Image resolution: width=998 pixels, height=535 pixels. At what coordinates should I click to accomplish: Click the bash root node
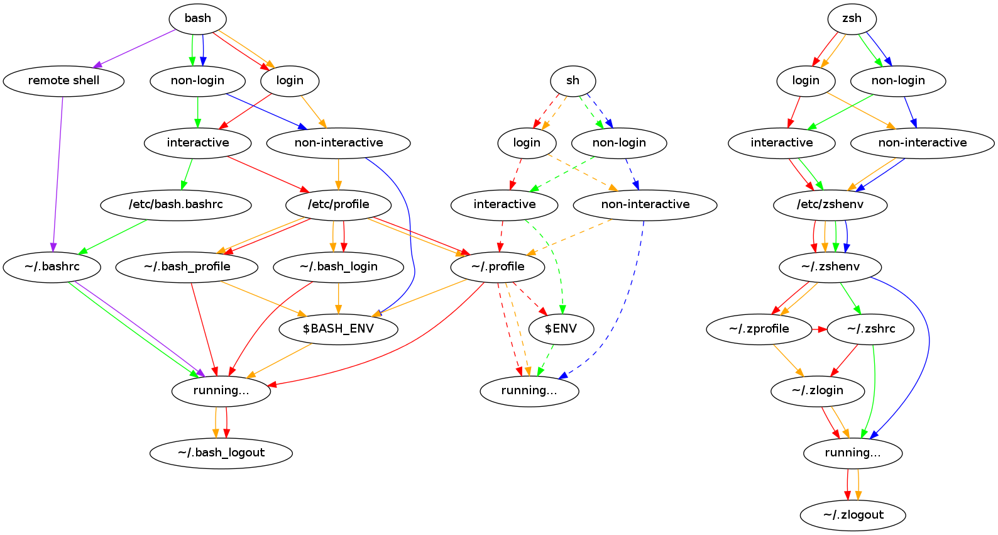pyautogui.click(x=197, y=18)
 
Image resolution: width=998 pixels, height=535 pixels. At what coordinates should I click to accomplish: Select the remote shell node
pyautogui.click(x=63, y=80)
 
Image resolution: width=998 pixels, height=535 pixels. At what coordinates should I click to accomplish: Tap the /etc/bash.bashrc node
pyautogui.click(x=176, y=204)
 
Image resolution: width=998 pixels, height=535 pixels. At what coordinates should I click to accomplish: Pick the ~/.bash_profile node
pyautogui.click(x=187, y=267)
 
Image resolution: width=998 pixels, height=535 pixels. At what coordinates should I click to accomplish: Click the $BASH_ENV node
pyautogui.click(x=338, y=329)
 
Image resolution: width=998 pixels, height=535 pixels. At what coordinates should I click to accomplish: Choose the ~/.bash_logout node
pyautogui.click(x=221, y=453)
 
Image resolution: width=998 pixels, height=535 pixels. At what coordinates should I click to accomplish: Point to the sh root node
pyautogui.click(x=573, y=80)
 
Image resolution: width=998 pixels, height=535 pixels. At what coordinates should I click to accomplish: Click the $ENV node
pyautogui.click(x=561, y=329)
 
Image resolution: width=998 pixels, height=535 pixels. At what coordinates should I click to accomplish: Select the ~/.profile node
pyautogui.click(x=498, y=267)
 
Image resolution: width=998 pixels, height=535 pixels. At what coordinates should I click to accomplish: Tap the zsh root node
pyautogui.click(x=852, y=18)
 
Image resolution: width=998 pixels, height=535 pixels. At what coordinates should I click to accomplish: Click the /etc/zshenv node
pyautogui.click(x=830, y=204)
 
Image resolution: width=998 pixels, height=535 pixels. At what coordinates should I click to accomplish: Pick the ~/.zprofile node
pyautogui.click(x=759, y=329)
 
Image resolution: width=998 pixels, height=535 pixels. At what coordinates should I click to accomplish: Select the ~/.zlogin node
pyautogui.click(x=818, y=390)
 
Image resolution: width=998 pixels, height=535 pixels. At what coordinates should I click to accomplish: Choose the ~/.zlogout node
pyautogui.click(x=853, y=515)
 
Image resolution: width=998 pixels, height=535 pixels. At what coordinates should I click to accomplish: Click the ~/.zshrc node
pyautogui.click(x=871, y=329)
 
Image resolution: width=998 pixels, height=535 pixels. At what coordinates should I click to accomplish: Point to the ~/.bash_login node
pyautogui.click(x=339, y=267)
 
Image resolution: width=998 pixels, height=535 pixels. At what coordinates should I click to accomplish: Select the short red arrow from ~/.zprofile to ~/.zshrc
pyautogui.click(x=820, y=329)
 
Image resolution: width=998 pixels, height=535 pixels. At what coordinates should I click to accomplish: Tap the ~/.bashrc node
pyautogui.click(x=52, y=267)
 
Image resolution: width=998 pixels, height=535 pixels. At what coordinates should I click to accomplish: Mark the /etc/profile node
pyautogui.click(x=339, y=204)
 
